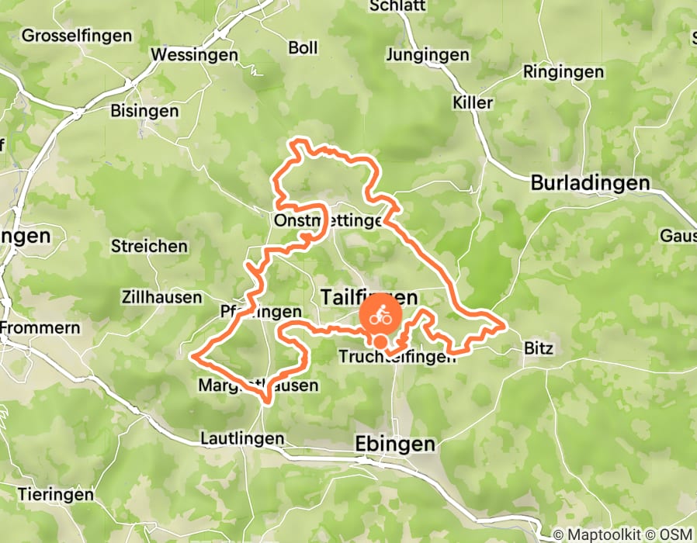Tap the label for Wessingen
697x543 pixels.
(194, 55)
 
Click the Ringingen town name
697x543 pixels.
(563, 72)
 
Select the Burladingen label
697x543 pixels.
(590, 183)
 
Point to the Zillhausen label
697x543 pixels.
(161, 297)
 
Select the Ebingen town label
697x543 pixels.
(395, 444)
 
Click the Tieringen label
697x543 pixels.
(55, 494)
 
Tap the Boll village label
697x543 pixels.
(303, 48)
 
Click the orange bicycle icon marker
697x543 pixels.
(380, 317)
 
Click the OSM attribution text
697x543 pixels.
(678, 534)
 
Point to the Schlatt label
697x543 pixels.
(397, 6)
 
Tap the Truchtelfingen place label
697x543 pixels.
(396, 357)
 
